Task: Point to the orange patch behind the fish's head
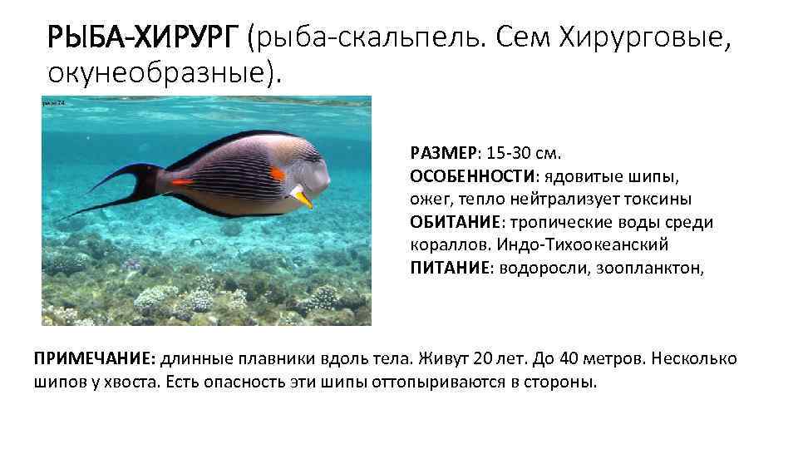(278, 174)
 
